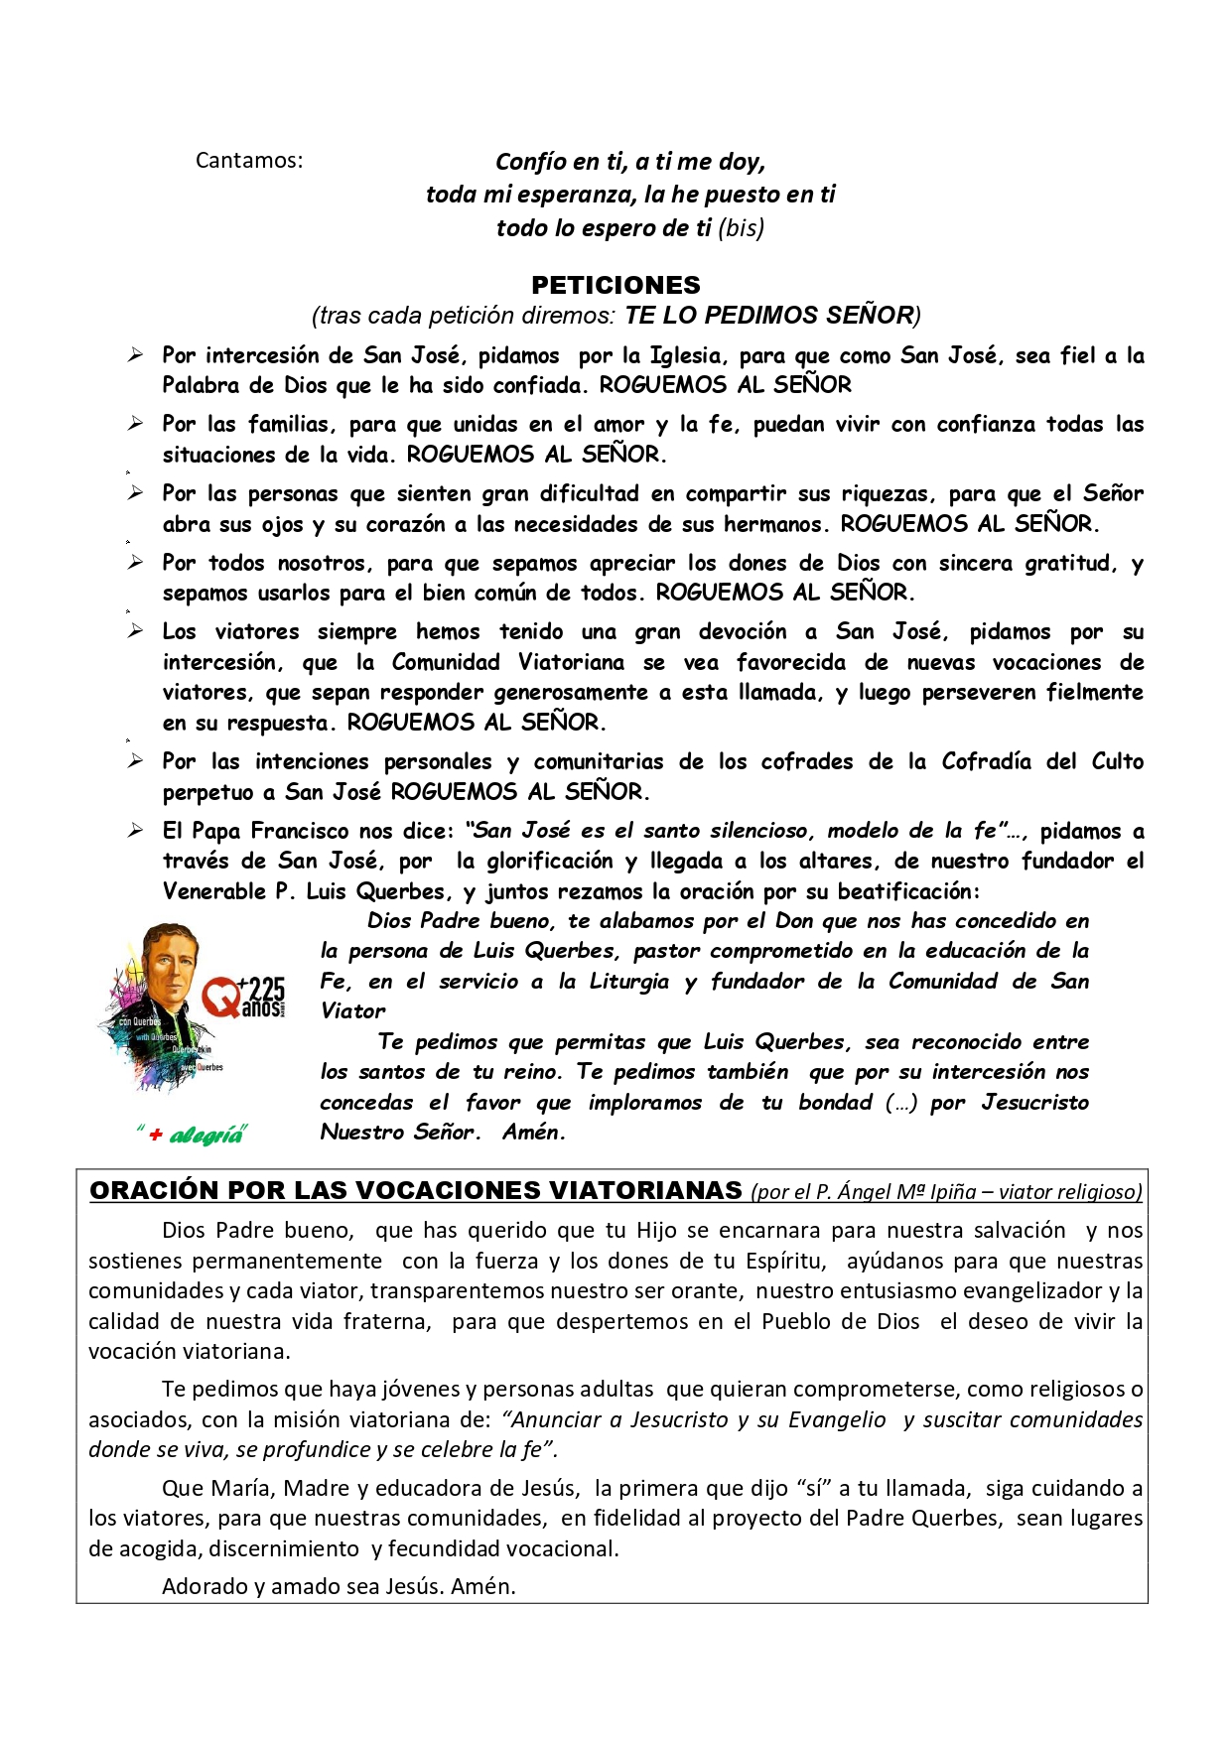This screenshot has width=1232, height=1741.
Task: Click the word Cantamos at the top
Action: pyautogui.click(x=248, y=161)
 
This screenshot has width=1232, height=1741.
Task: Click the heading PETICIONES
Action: pyautogui.click(x=616, y=286)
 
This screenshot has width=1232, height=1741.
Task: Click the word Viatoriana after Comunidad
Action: pyautogui.click(x=571, y=662)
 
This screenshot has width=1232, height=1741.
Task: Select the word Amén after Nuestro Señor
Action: pyautogui.click(x=533, y=1133)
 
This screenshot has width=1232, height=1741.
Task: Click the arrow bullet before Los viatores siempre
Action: pyautogui.click(x=135, y=631)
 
